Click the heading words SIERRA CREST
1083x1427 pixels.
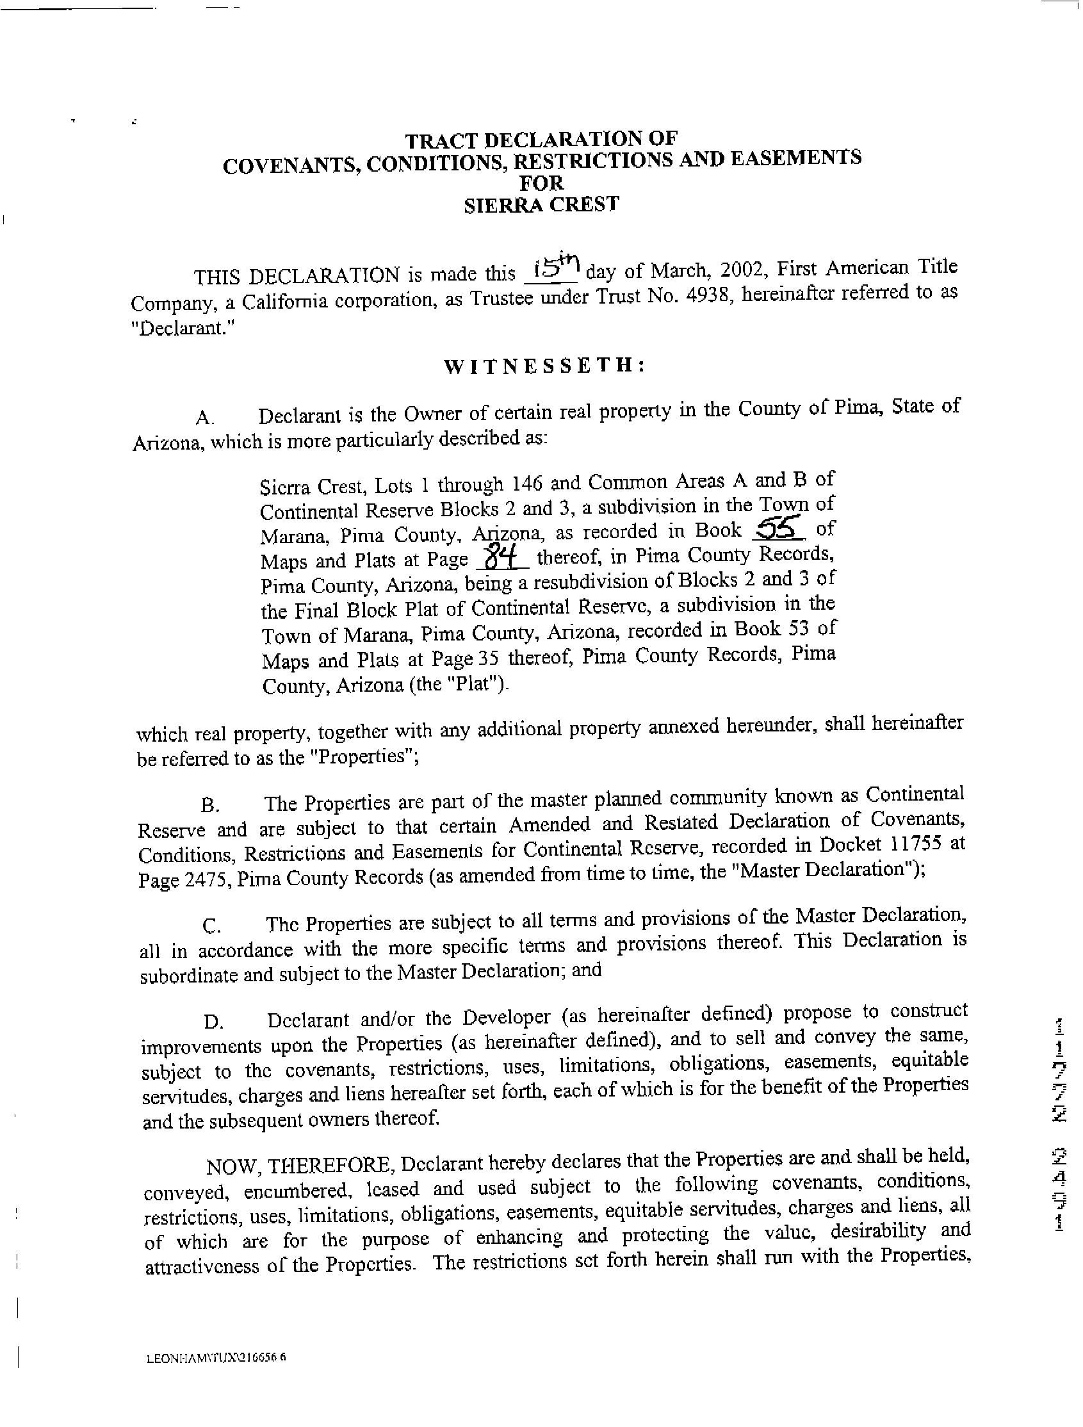pos(542,205)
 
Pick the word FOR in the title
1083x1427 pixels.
pos(542,184)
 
